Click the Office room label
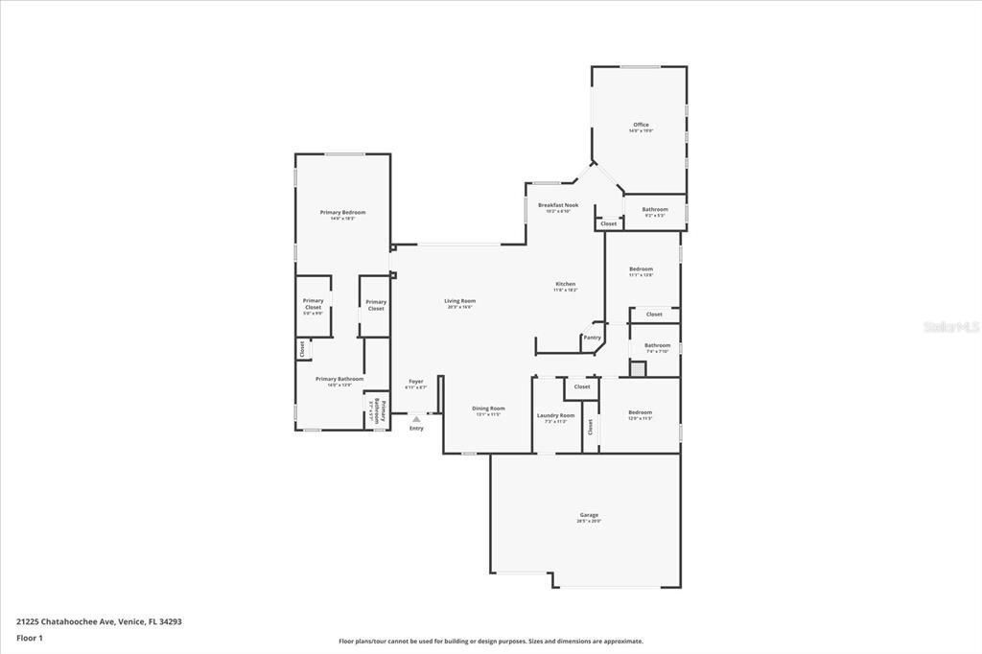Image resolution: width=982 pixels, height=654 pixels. coord(641,125)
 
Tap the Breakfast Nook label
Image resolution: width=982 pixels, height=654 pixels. coord(557,205)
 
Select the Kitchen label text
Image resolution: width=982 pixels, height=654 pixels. coord(566,284)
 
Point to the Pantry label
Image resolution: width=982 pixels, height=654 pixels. coord(593,337)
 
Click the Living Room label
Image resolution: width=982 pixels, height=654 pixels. coord(459,301)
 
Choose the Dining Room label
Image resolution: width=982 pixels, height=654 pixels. coord(488,409)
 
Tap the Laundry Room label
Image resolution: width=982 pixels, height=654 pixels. coord(555,415)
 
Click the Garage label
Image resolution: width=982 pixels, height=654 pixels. coord(588,515)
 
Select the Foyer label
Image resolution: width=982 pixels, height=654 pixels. coord(415,382)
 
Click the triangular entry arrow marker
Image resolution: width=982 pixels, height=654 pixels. coord(416,419)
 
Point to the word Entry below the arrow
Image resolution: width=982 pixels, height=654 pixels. coord(416,429)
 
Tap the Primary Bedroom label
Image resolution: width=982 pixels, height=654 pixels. coord(342,212)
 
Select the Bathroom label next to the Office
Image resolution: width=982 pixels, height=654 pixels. coord(655,209)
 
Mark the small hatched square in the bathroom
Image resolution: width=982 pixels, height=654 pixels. coord(638,367)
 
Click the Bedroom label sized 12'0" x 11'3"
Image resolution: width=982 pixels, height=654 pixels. coord(640,412)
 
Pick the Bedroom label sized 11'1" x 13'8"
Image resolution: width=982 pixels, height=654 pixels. coord(641,269)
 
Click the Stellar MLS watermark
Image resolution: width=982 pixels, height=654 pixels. coord(950,327)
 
